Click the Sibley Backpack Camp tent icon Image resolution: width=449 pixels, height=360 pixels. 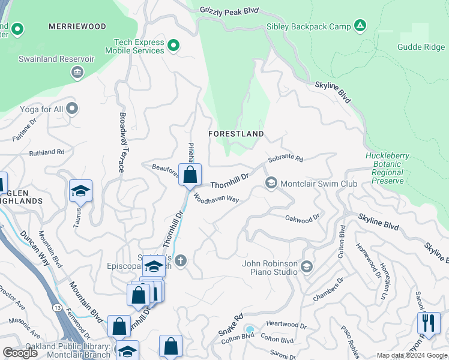[360, 25]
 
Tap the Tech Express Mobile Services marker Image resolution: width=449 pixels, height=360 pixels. [173, 46]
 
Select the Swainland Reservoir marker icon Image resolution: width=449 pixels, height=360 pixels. [77, 73]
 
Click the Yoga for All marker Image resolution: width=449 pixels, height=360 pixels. [72, 109]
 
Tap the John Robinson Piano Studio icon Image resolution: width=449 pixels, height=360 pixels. [307, 266]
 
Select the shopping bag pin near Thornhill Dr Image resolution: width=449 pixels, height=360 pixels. [190, 176]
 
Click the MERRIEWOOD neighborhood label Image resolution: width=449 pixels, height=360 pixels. [77, 26]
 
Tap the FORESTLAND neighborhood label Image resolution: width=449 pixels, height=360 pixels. [237, 133]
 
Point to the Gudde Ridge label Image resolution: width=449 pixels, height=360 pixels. [421, 47]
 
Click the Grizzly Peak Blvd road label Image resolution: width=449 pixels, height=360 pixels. [229, 10]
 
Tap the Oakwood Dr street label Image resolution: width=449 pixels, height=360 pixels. [302, 220]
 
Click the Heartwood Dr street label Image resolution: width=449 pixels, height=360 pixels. [286, 326]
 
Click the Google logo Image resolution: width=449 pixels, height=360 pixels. [20, 353]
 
